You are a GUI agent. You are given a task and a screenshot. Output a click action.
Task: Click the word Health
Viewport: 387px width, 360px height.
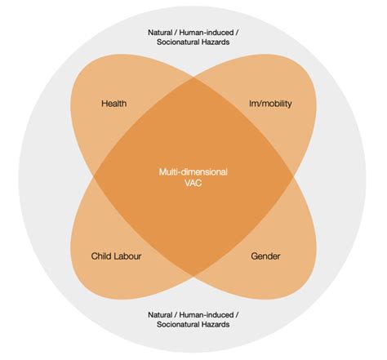click(113, 104)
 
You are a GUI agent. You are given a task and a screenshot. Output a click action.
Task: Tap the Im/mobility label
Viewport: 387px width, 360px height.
click(269, 104)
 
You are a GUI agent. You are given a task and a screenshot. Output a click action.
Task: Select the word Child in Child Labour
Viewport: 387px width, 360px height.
click(101, 256)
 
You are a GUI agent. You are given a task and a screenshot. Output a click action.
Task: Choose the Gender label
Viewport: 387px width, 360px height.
click(265, 256)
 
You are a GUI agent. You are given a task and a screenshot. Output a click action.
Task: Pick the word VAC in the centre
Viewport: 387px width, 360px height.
click(193, 184)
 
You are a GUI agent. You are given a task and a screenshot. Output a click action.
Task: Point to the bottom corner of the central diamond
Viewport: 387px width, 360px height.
click(193, 275)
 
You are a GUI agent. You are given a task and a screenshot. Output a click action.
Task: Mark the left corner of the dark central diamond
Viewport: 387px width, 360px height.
click(94, 176)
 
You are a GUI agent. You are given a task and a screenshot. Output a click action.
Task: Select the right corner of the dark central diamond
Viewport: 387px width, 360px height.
click(293, 176)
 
